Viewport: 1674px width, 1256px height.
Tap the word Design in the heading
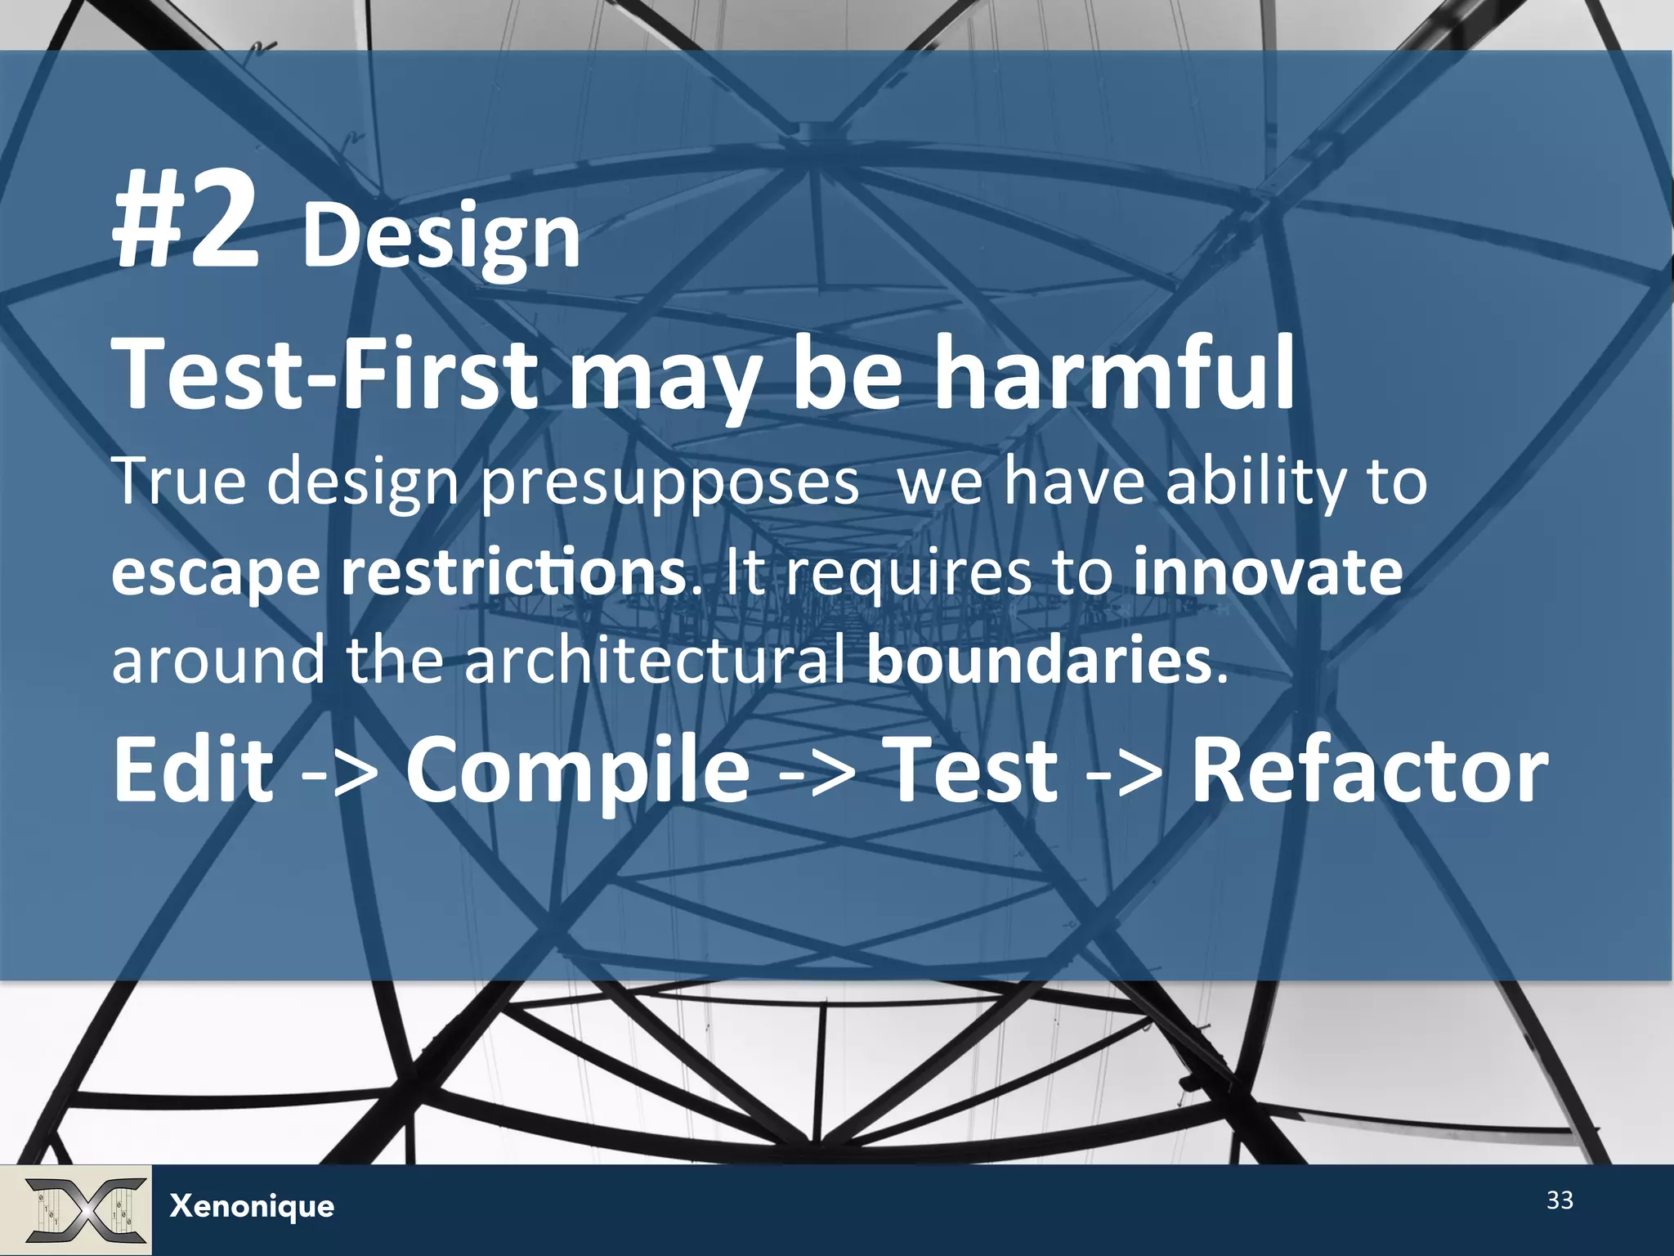[x=441, y=237]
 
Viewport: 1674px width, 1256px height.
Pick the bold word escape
[x=216, y=575]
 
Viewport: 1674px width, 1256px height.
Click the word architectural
[x=655, y=660]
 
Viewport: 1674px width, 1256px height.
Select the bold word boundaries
[x=1039, y=660]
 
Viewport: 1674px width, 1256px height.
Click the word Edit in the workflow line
[x=194, y=769]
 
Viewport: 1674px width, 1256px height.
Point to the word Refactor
[x=1369, y=769]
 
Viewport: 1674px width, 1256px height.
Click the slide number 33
[x=1560, y=1200]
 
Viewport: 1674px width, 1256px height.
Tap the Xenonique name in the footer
[x=252, y=1206]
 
